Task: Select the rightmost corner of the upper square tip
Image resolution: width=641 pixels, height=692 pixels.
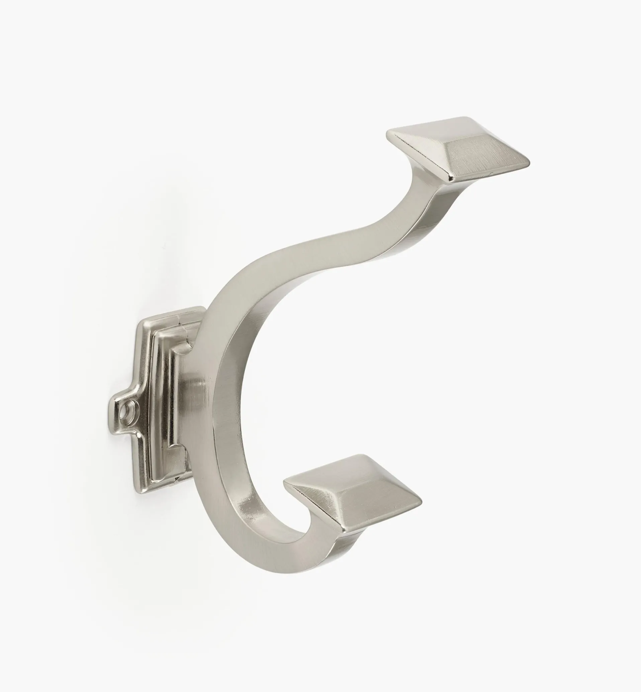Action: click(x=529, y=163)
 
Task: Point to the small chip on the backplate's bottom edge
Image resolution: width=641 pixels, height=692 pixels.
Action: click(x=178, y=479)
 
